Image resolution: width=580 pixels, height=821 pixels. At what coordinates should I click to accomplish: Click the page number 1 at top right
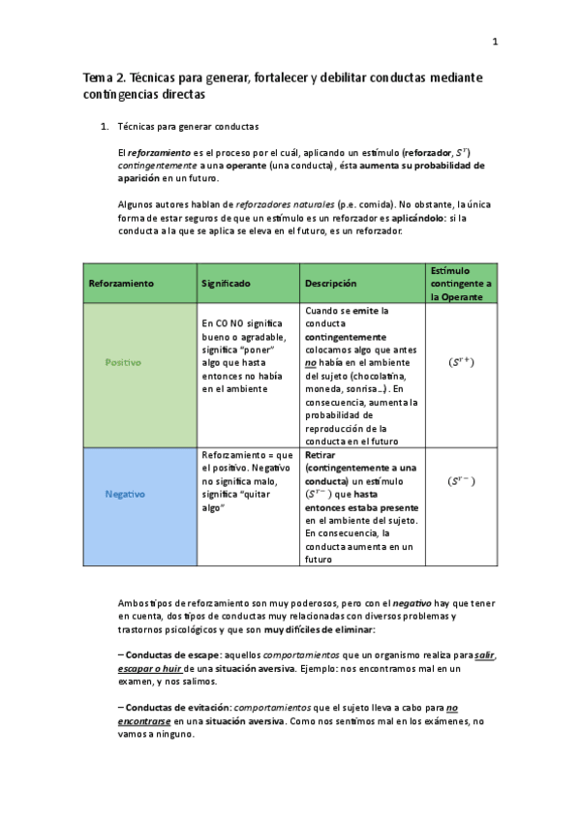tap(495, 42)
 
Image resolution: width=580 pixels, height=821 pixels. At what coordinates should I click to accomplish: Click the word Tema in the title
tap(95, 76)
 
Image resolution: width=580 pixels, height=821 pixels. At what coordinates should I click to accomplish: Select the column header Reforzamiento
tap(121, 283)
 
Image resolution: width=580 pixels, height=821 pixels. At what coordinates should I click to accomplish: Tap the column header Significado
tap(226, 283)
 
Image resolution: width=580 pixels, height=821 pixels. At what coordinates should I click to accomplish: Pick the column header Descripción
tap(331, 283)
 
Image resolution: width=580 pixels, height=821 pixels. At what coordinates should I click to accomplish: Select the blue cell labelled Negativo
tap(125, 494)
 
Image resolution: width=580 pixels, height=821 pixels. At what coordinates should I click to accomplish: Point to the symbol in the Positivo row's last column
tap(461, 362)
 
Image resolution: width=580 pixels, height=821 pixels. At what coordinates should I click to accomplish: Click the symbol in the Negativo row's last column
tap(461, 480)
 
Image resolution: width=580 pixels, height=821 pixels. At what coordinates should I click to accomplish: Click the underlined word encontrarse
tap(144, 721)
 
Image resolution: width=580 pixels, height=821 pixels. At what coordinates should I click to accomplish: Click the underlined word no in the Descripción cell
tap(311, 363)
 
